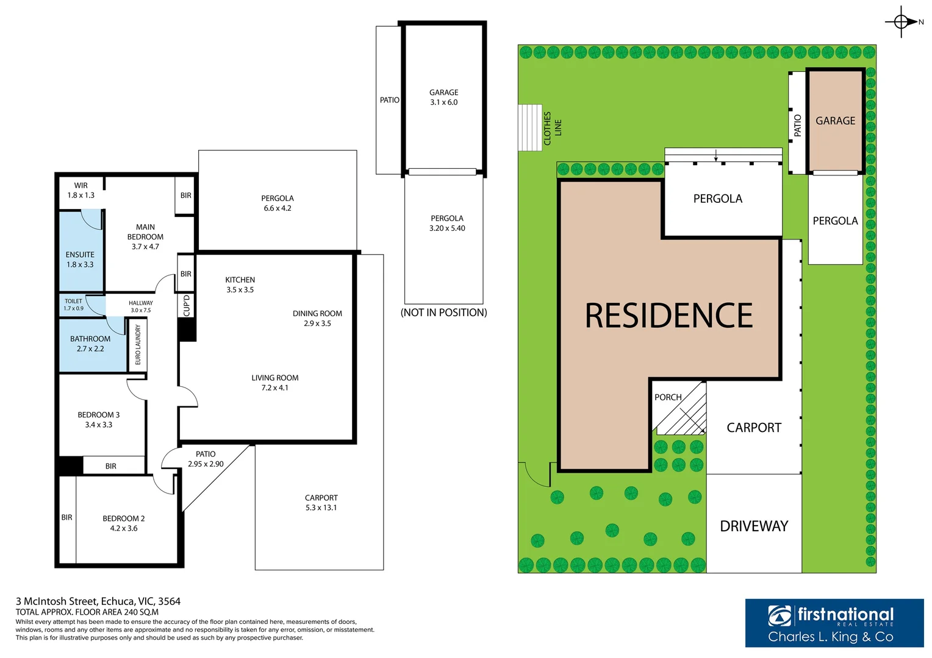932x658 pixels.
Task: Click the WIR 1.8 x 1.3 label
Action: click(x=81, y=191)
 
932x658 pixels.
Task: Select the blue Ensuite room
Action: click(x=80, y=251)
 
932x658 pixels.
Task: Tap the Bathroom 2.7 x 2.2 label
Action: click(x=90, y=344)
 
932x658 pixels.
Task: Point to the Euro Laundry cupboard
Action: click(x=138, y=345)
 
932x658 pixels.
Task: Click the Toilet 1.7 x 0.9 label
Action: click(x=73, y=305)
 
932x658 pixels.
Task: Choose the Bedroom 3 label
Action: click(x=98, y=415)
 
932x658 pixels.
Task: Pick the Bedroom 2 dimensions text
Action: click(x=123, y=529)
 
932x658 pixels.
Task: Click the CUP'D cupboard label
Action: click(x=187, y=305)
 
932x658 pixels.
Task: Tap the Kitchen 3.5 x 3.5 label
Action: click(x=240, y=285)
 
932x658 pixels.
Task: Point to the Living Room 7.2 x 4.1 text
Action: click(x=274, y=383)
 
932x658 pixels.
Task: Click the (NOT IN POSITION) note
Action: click(x=443, y=313)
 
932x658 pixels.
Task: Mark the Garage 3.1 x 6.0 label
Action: click(x=443, y=97)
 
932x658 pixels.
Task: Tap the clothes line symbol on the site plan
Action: click(x=529, y=127)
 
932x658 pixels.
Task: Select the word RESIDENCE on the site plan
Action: click(x=669, y=316)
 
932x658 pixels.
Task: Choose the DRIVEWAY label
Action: click(x=754, y=526)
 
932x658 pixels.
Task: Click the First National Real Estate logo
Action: click(x=833, y=623)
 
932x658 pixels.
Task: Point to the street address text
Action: click(x=98, y=601)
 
